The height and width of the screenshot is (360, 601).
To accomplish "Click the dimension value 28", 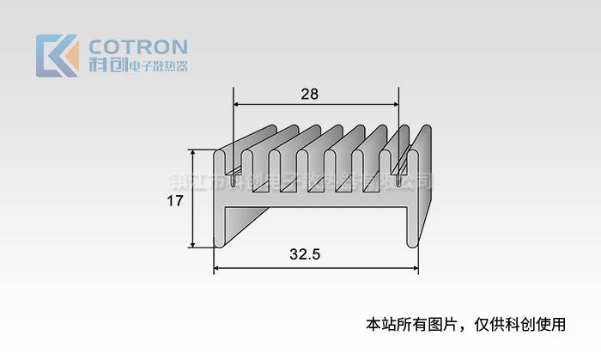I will pyautogui.click(x=309, y=95).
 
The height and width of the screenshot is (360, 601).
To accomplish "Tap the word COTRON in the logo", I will pyautogui.click(x=138, y=46).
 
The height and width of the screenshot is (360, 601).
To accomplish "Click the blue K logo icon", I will pyautogui.click(x=57, y=56).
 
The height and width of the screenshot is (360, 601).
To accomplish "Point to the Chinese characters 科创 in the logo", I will pyautogui.click(x=107, y=65).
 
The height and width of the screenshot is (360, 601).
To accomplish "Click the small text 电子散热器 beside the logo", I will pyautogui.click(x=157, y=66).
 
